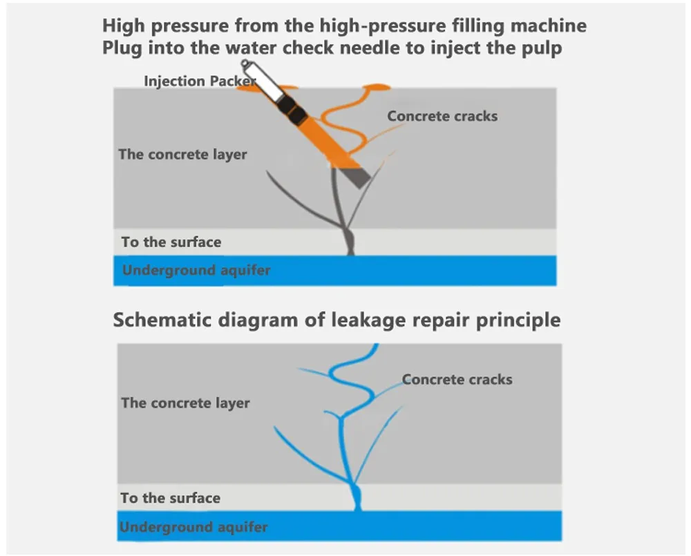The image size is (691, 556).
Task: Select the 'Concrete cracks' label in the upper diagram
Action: pyautogui.click(x=442, y=115)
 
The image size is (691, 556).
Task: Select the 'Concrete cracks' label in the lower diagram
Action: pyautogui.click(x=457, y=379)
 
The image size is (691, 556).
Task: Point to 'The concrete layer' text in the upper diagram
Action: pyautogui.click(x=182, y=154)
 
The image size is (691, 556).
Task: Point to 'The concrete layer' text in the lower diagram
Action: pyautogui.click(x=185, y=403)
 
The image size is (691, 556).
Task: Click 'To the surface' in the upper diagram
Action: pyautogui.click(x=171, y=242)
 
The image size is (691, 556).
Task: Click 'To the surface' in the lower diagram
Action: pyautogui.click(x=170, y=498)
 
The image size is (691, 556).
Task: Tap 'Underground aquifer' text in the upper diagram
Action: pyautogui.click(x=196, y=270)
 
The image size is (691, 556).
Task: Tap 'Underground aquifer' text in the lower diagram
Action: pyautogui.click(x=193, y=528)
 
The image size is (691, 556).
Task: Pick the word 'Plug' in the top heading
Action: pyautogui.click(x=122, y=50)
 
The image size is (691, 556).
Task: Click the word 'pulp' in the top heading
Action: pyautogui.click(x=543, y=50)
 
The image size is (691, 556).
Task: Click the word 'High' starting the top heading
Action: pyautogui.click(x=122, y=26)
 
